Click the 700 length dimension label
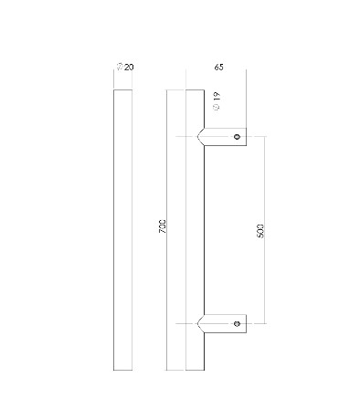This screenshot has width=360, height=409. click(163, 226)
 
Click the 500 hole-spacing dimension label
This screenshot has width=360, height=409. click(260, 231)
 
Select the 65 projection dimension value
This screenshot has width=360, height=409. click(218, 67)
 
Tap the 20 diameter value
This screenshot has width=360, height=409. click(129, 67)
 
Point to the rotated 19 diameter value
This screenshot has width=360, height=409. click(217, 97)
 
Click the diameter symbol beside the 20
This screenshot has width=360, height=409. click(121, 67)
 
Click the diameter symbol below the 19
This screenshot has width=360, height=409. click(217, 107)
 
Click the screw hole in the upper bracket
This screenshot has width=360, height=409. click(237, 137)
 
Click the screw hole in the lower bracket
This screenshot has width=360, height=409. click(237, 323)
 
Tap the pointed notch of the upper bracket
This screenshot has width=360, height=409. click(198, 137)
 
